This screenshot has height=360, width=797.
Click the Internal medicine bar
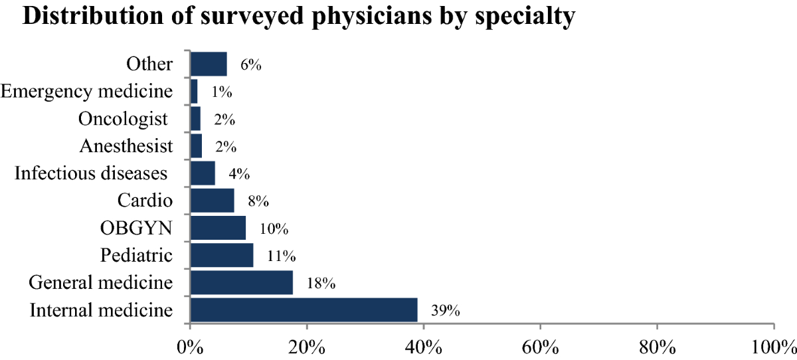coord(304,310)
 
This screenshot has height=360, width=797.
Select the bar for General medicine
coord(241,282)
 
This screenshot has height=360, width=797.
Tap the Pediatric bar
coord(221,255)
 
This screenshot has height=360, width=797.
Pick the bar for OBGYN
coord(218,228)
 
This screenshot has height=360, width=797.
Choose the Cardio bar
coord(212,200)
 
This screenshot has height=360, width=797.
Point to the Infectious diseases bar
coord(203,173)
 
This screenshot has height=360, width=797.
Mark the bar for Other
coord(209,64)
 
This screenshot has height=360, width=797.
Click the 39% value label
coord(446,311)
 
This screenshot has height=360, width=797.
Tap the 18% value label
coord(321,284)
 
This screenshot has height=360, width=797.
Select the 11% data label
coord(282,256)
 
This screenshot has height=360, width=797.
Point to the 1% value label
coord(221,92)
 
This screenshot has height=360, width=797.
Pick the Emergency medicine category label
coord(88,92)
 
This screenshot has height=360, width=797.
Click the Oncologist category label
coord(123,119)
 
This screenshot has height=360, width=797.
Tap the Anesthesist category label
coord(126,146)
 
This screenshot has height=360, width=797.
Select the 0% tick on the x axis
coord(190,347)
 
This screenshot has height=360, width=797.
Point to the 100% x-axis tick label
coord(773,347)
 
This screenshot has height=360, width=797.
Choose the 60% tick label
coord(540,347)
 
